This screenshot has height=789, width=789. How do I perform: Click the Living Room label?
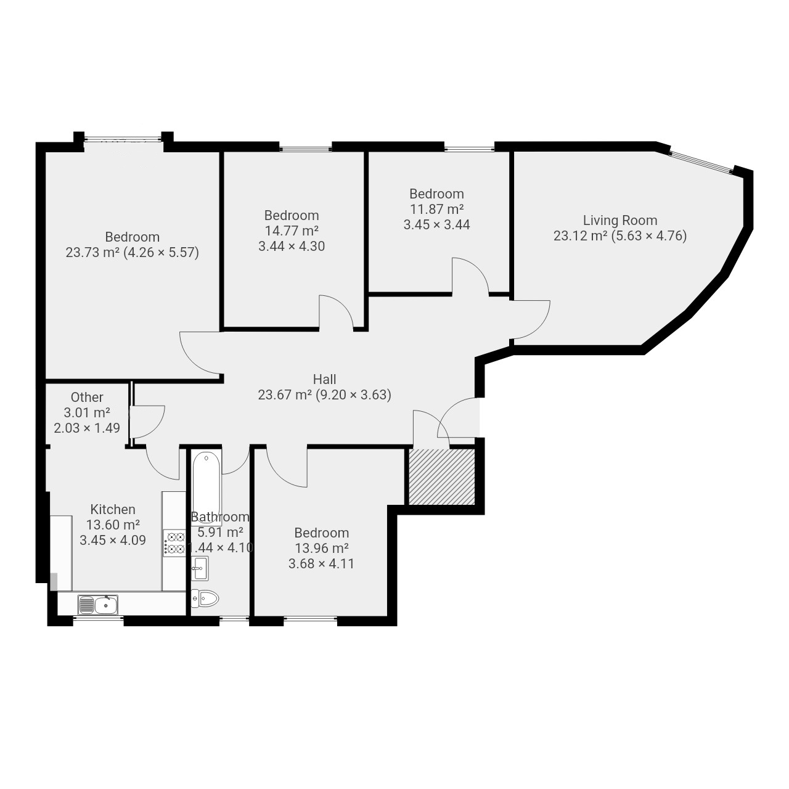[x=620, y=220]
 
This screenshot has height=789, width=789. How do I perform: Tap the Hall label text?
[x=324, y=379]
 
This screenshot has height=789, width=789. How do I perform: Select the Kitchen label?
[x=113, y=509]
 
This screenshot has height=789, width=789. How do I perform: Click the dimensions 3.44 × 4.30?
[x=292, y=246]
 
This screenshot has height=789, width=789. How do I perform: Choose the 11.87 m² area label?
[x=436, y=209]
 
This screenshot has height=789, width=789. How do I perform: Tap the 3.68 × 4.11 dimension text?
[x=321, y=564]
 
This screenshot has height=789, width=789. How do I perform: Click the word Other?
[x=87, y=397]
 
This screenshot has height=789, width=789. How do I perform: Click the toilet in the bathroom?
[x=205, y=599]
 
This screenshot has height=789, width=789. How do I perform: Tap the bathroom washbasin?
[x=200, y=568]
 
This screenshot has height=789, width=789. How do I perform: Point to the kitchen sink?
[x=98, y=605]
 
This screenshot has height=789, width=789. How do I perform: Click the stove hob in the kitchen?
[x=174, y=543]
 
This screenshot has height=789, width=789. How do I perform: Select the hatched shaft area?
[x=442, y=477]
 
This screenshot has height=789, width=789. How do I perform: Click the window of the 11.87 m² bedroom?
[x=469, y=149]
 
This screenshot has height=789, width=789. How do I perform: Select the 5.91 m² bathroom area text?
[x=220, y=533]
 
